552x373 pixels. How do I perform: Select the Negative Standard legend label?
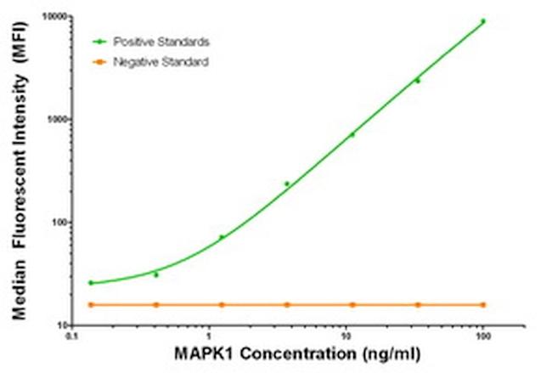pos(161,61)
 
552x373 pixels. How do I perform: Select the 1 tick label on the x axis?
pos(208,336)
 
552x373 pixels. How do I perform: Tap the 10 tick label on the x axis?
pos(346,336)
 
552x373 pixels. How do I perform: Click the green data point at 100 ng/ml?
pos(483,21)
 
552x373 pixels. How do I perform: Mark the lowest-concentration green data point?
pos(91,282)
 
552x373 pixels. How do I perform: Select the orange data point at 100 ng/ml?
pos(483,304)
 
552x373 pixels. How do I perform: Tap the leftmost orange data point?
pos(91,304)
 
